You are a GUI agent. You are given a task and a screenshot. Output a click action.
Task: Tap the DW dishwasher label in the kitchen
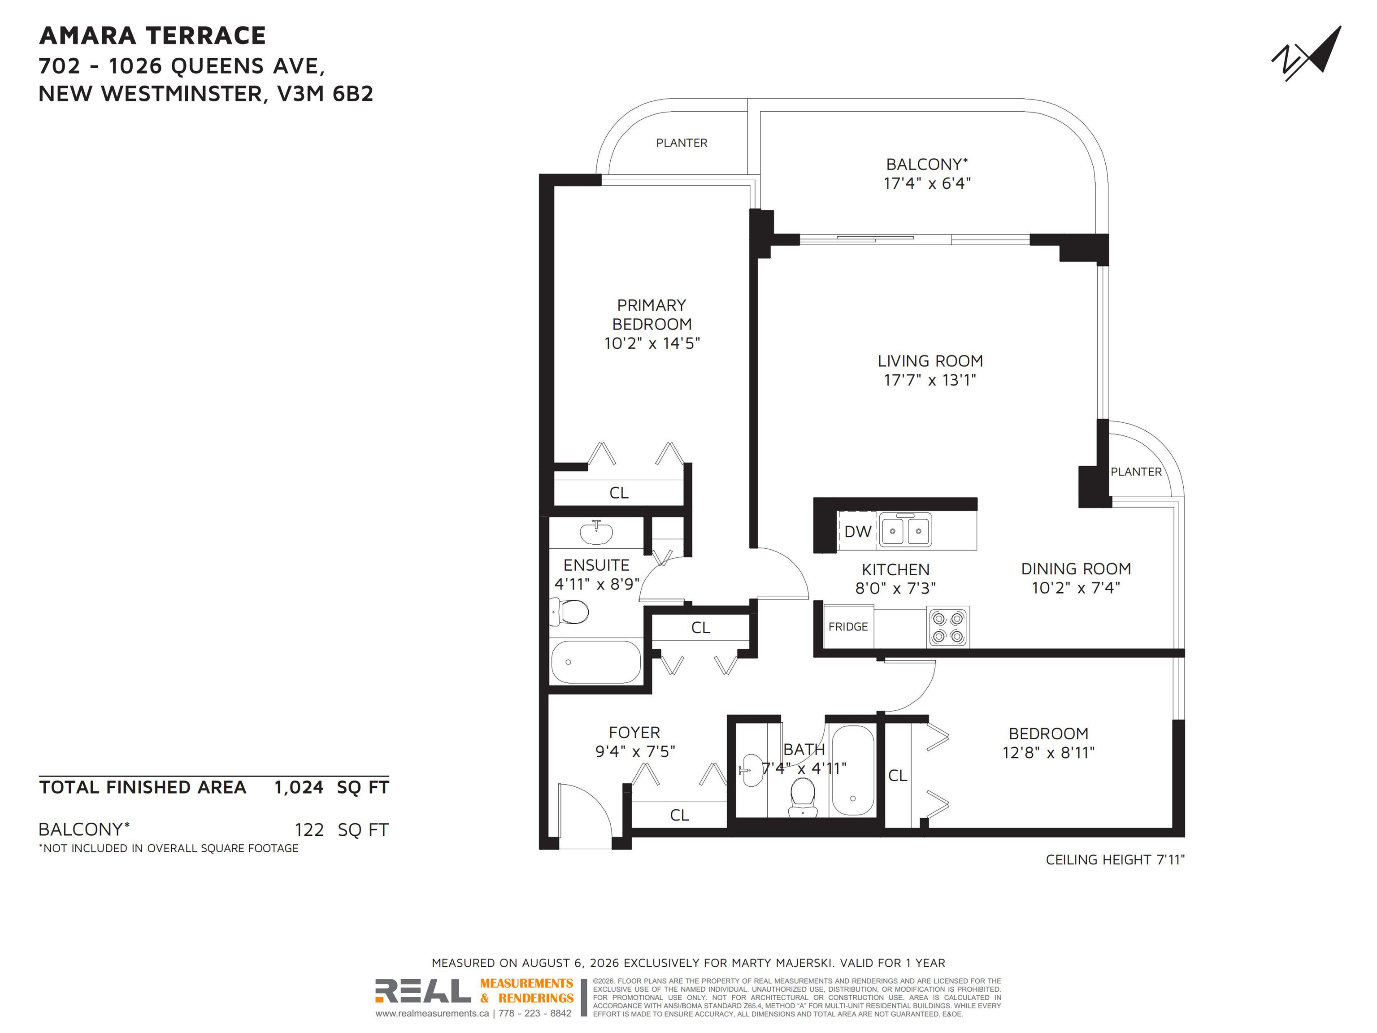click(x=857, y=531)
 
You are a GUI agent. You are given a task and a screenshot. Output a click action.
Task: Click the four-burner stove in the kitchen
click(x=948, y=627)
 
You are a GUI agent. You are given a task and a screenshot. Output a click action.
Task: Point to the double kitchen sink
click(x=905, y=530)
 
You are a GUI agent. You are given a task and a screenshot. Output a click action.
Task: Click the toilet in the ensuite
click(x=569, y=612)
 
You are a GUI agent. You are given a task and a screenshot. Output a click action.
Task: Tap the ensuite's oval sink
click(x=596, y=532)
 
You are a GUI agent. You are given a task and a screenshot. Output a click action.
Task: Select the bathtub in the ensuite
click(x=596, y=661)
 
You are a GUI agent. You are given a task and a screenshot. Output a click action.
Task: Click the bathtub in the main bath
click(x=852, y=770)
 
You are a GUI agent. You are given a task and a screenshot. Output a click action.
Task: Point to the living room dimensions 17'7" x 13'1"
click(x=930, y=380)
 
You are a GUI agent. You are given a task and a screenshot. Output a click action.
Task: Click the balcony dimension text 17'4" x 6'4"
click(x=927, y=183)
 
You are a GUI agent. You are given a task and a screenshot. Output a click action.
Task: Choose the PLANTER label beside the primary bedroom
click(x=682, y=143)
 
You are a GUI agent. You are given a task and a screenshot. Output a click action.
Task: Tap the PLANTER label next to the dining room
click(x=1136, y=472)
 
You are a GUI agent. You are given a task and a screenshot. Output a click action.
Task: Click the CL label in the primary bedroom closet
click(x=619, y=493)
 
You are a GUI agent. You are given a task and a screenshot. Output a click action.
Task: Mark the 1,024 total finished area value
click(x=299, y=788)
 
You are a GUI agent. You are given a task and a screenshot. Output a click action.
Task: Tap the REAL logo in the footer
click(x=423, y=991)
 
